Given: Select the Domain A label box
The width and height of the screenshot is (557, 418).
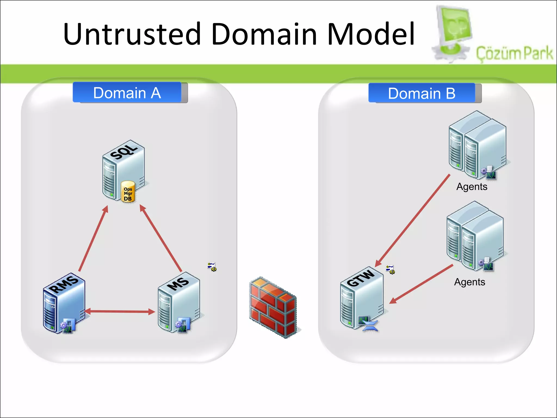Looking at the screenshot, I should pos(127,93).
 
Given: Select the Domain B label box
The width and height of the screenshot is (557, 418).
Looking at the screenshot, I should pos(422,93).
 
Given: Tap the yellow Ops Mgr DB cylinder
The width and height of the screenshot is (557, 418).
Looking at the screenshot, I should pos(128,192).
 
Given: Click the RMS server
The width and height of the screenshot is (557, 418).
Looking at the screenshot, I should pos(64,303).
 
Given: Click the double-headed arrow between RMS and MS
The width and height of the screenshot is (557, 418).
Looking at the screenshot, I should pos(120,312).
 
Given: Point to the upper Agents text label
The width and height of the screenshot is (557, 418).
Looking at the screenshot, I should pos(472,187).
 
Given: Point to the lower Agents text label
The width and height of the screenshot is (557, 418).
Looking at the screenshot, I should pos(469,282).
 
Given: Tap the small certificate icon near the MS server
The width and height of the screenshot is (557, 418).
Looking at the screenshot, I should pos(212,267).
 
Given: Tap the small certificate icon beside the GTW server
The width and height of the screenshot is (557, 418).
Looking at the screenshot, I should pos(390,269).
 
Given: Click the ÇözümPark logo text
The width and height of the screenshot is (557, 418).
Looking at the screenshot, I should pos(514,53).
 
